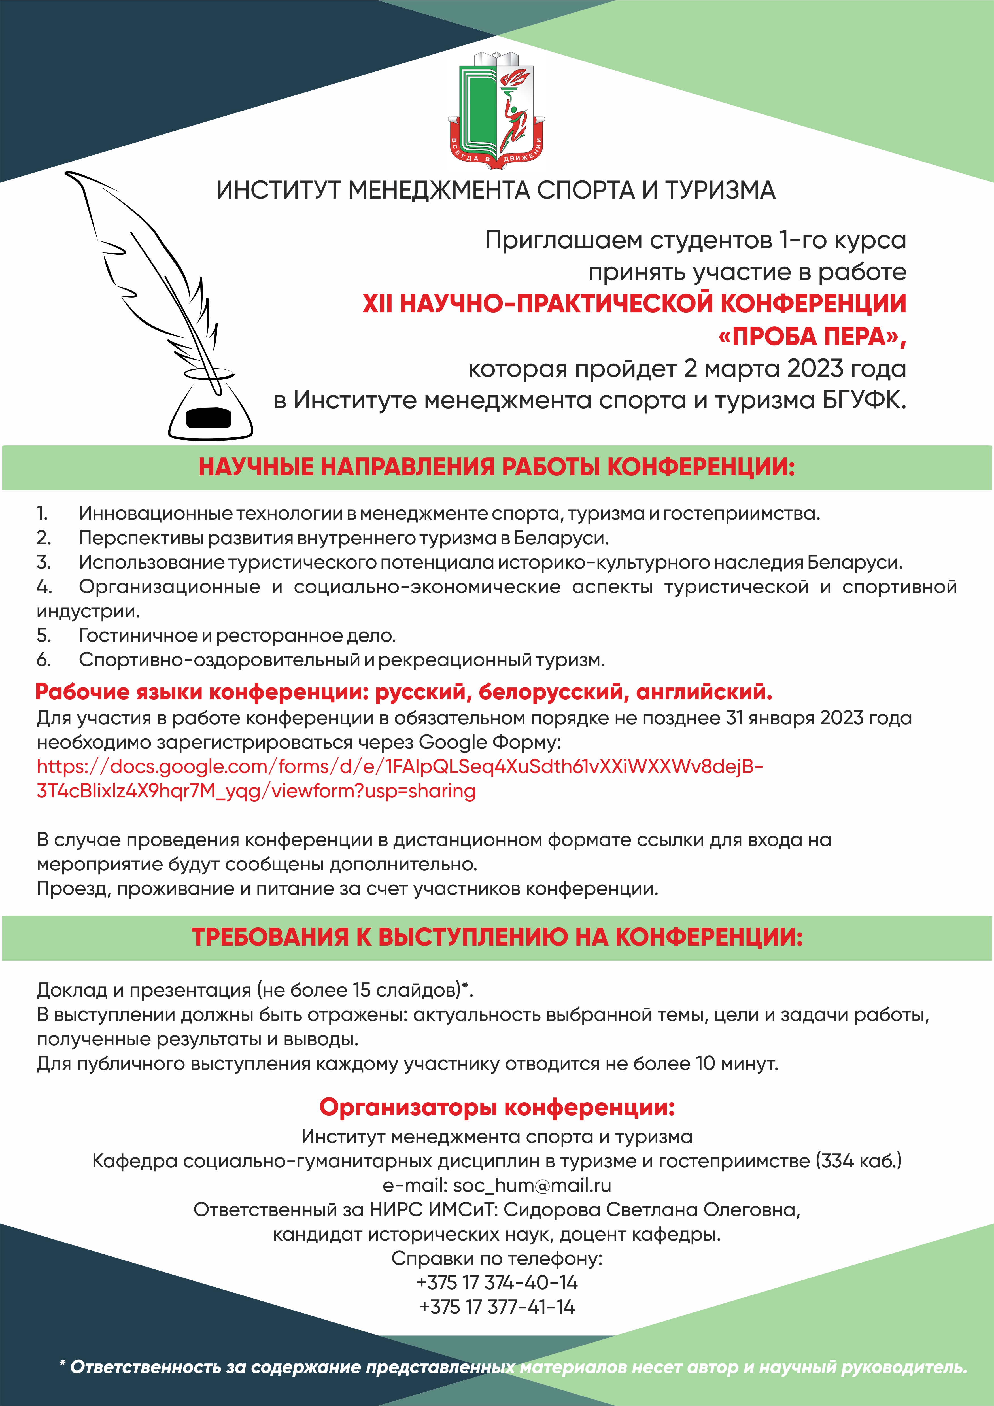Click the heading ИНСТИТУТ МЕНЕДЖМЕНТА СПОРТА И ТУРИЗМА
496,190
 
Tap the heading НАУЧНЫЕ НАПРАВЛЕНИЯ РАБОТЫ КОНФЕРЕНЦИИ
497,467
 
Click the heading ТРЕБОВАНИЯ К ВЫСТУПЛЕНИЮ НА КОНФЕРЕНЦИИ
497,938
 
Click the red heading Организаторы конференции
497,1107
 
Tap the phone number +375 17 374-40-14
497,1282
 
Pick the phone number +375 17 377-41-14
497,1307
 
